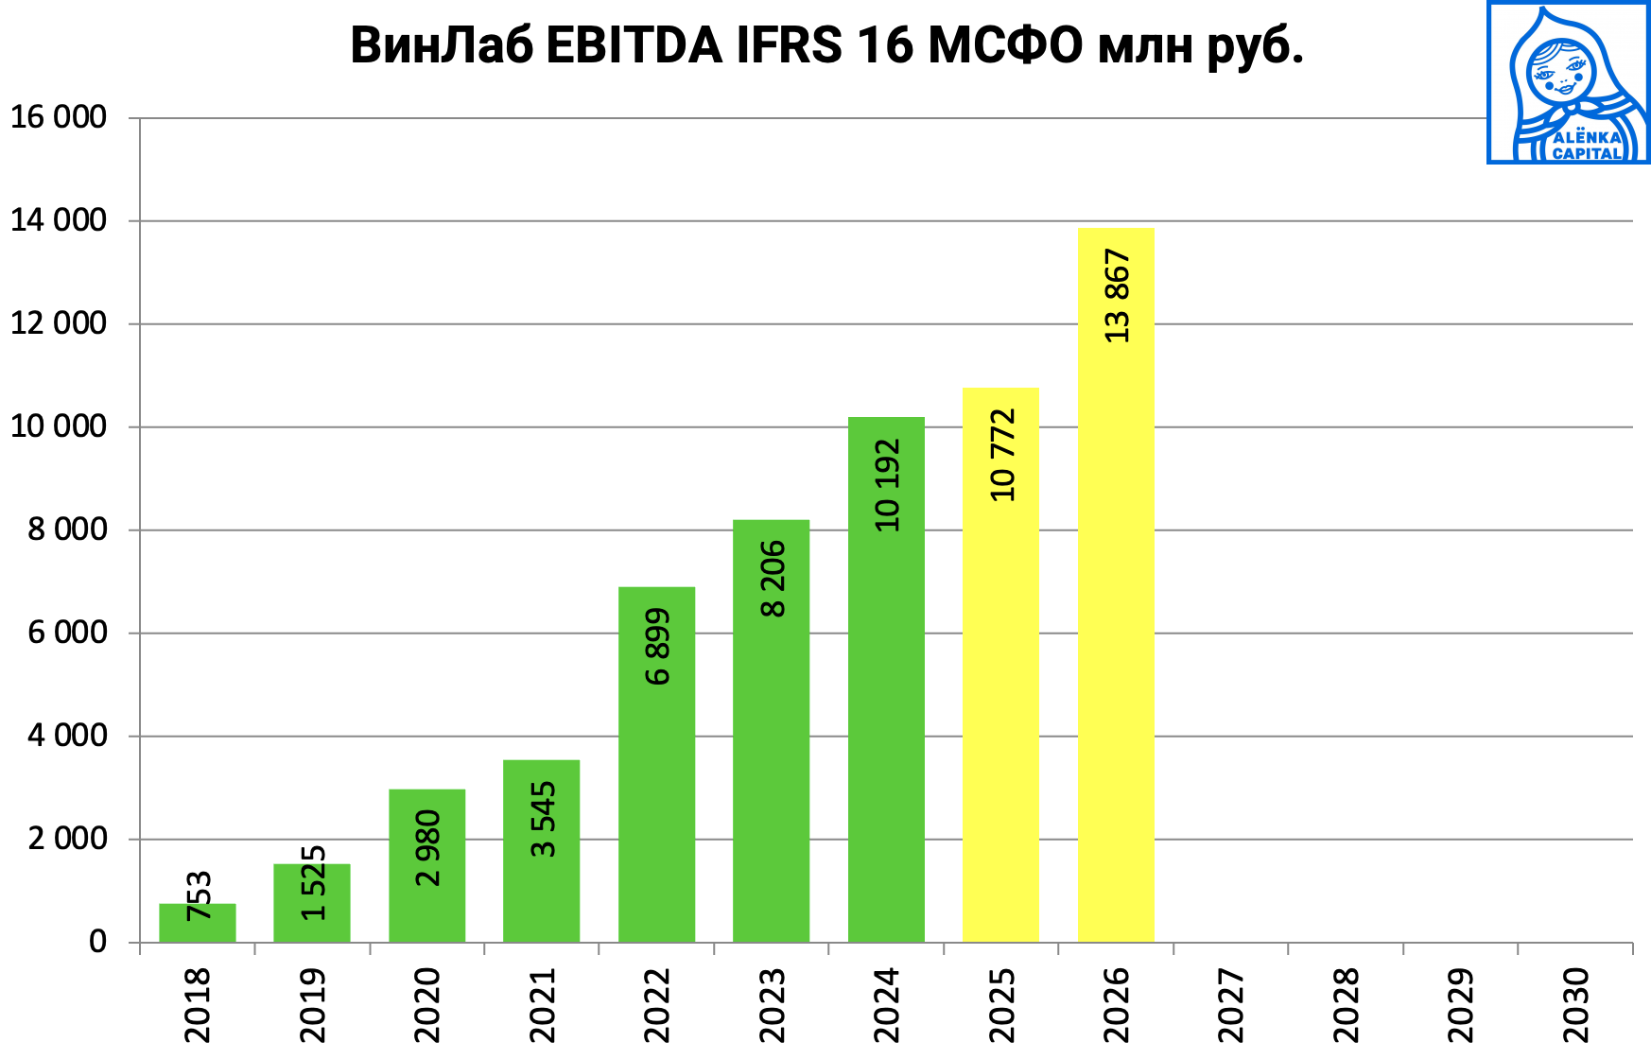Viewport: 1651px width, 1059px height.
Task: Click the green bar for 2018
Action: (x=197, y=923)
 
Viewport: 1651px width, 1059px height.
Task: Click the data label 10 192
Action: (x=887, y=485)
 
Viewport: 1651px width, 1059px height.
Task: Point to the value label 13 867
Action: (x=1117, y=296)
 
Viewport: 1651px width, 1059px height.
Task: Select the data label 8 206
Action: (x=773, y=579)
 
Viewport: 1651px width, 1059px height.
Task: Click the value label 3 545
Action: (x=543, y=820)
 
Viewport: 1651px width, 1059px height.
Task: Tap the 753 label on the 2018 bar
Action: (x=199, y=895)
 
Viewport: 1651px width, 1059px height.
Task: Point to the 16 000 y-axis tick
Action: (x=59, y=117)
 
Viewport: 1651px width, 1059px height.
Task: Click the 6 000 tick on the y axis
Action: (x=67, y=633)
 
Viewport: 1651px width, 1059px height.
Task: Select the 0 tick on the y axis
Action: (x=97, y=942)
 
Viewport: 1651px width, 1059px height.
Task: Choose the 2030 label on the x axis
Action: (x=1576, y=1004)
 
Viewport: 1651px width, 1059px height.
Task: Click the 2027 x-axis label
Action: (x=1231, y=1004)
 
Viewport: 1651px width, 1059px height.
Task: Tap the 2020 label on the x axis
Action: (x=427, y=1004)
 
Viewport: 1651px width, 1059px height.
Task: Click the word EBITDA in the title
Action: (x=634, y=44)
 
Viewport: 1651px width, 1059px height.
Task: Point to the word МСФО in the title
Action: (x=1005, y=44)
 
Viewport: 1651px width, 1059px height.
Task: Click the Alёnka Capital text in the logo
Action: (x=1587, y=145)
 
